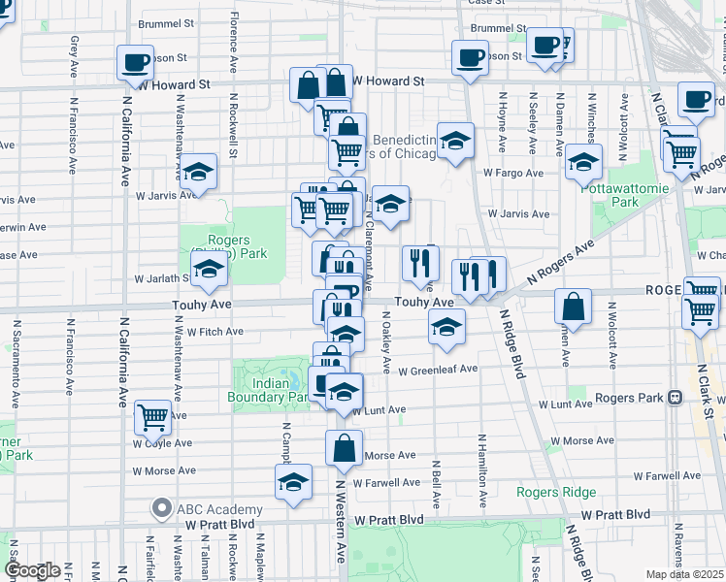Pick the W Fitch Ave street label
pyautogui.click(x=214, y=331)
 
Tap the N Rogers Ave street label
pyautogui.click(x=561, y=263)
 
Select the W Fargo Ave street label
pyautogui.click(x=513, y=173)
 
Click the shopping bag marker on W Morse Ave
pyautogui.click(x=345, y=449)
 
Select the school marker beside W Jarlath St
pyautogui.click(x=209, y=272)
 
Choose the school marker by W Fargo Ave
pyautogui.click(x=582, y=163)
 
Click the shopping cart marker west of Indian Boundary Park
pyautogui.click(x=152, y=417)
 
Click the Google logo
pyautogui.click(x=33, y=569)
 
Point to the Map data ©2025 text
pyautogui.click(x=685, y=574)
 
